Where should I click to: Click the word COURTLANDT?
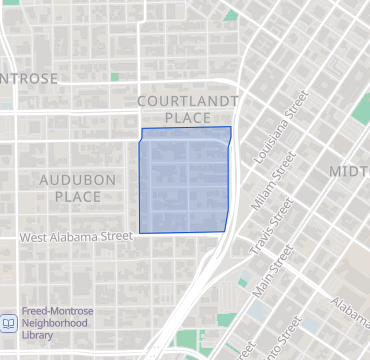[x=187, y=101]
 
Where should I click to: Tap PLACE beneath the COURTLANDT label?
[x=187, y=118]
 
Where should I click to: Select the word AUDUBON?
[x=78, y=180]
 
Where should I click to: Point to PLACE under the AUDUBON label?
[x=78, y=197]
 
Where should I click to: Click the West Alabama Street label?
[x=76, y=237]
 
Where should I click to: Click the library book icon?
[x=8, y=323]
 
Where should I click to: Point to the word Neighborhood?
[x=55, y=323]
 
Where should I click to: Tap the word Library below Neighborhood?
[x=40, y=336]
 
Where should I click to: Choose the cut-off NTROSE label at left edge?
[x=29, y=78]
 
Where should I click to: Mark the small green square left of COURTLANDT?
[x=115, y=77]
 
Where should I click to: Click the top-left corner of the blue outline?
[x=142, y=130]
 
